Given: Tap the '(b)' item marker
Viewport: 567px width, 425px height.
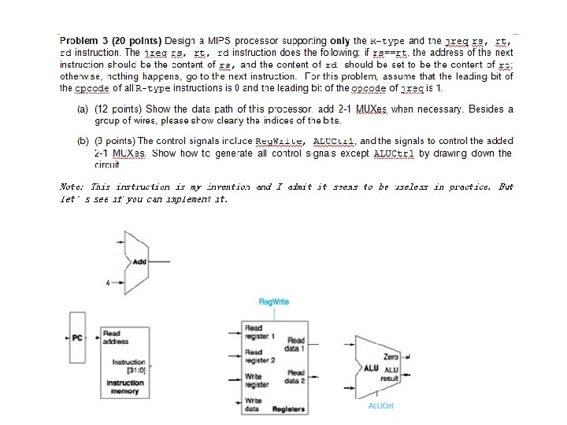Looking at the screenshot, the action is click(83, 142).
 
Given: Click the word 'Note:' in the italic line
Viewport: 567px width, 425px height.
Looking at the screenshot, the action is click(73, 187).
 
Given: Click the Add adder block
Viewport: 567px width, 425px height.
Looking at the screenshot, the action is click(139, 261).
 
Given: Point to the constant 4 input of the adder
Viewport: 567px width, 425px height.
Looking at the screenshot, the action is click(107, 281).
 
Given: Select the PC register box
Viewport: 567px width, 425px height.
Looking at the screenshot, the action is click(77, 338).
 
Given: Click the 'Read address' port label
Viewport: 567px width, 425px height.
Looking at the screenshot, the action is click(113, 337).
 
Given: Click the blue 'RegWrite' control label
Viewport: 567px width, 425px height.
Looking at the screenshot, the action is click(273, 301).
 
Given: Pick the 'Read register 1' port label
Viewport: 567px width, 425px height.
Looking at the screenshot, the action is click(259, 331).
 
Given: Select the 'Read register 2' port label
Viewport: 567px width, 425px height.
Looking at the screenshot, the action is click(259, 356).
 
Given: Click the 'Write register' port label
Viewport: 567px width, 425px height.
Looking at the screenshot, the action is click(257, 380).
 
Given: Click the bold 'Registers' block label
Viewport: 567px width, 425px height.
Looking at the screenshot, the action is click(288, 409).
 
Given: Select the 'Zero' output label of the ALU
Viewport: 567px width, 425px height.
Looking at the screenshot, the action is click(391, 357).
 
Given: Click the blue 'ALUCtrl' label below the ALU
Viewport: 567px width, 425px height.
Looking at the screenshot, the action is click(380, 406).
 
